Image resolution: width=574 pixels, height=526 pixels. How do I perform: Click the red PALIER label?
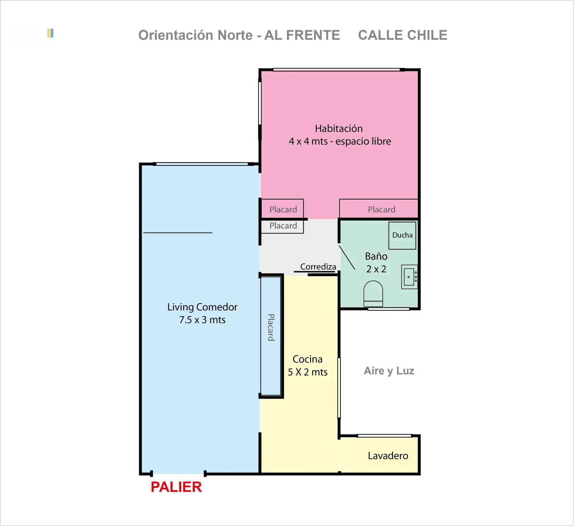click(176, 487)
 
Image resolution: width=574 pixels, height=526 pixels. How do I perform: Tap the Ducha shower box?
click(403, 235)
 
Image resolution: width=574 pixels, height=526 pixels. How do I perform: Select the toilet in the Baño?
click(373, 293)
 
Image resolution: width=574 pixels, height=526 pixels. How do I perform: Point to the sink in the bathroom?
click(409, 277)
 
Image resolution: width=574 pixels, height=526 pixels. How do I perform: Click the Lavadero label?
click(388, 456)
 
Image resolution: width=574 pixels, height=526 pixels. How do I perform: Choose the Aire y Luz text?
click(389, 371)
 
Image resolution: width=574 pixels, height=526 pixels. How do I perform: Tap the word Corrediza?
click(318, 267)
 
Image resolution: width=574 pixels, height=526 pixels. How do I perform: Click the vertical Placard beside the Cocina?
click(271, 336)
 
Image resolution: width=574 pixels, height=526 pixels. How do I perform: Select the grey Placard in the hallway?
click(282, 226)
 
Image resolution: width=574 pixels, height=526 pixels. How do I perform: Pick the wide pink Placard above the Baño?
click(379, 209)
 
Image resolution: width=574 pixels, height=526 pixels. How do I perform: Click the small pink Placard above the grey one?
click(282, 209)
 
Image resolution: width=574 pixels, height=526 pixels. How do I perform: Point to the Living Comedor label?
click(202, 307)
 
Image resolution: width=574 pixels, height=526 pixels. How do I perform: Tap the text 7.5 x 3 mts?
click(202, 320)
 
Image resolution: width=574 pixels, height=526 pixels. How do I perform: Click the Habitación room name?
click(339, 128)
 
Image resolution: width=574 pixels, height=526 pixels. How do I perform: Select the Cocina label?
click(307, 359)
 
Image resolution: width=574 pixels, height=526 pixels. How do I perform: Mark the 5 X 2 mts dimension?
click(307, 372)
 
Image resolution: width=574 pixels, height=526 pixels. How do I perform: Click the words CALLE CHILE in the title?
click(403, 35)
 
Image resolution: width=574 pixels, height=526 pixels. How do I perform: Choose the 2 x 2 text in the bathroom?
click(376, 269)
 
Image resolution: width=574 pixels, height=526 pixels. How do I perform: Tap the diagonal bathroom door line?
click(347, 257)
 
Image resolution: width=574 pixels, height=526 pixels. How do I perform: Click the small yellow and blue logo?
click(50, 33)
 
